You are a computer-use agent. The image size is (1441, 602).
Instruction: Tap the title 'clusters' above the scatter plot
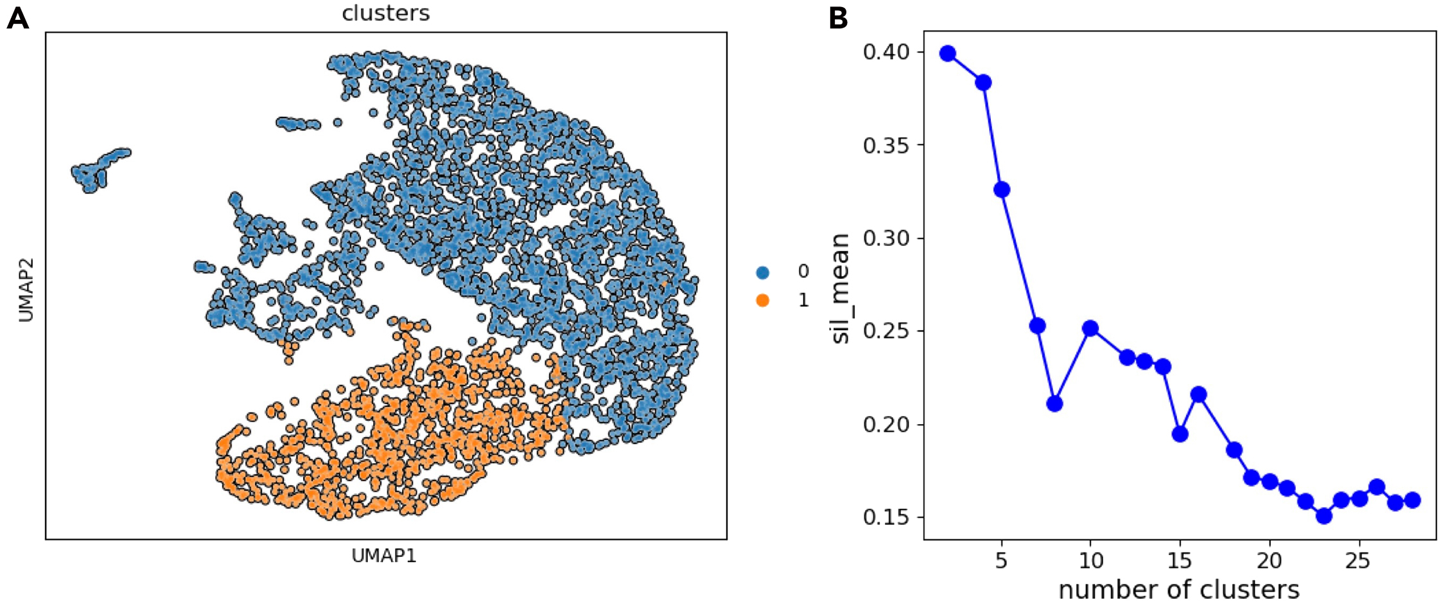[385, 13]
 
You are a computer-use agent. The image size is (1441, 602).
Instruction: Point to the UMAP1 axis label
[384, 556]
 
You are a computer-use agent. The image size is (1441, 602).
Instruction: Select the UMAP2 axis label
[26, 290]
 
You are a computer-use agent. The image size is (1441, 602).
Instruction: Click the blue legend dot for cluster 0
[762, 272]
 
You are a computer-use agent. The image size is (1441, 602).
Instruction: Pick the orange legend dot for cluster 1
[762, 300]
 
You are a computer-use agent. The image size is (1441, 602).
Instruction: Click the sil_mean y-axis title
[840, 288]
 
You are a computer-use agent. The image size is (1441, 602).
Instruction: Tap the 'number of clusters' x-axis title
[1178, 589]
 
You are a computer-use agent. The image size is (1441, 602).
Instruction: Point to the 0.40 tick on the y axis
[887, 52]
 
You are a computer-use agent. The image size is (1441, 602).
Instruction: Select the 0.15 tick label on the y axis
[887, 517]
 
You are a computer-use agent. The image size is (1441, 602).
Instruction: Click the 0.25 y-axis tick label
[887, 332]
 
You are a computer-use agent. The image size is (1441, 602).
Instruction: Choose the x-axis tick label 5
[1001, 561]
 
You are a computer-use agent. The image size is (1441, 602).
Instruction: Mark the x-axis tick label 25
[1358, 561]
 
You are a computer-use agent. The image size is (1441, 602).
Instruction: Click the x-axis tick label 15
[1180, 561]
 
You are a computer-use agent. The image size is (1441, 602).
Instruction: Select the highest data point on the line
[948, 53]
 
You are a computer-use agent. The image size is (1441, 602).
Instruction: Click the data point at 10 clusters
[1090, 328]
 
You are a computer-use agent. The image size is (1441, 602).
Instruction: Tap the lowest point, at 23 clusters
[1323, 516]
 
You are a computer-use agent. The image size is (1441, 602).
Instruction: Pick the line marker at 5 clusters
[1002, 190]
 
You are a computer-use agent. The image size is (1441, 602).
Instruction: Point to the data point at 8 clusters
[1054, 403]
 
